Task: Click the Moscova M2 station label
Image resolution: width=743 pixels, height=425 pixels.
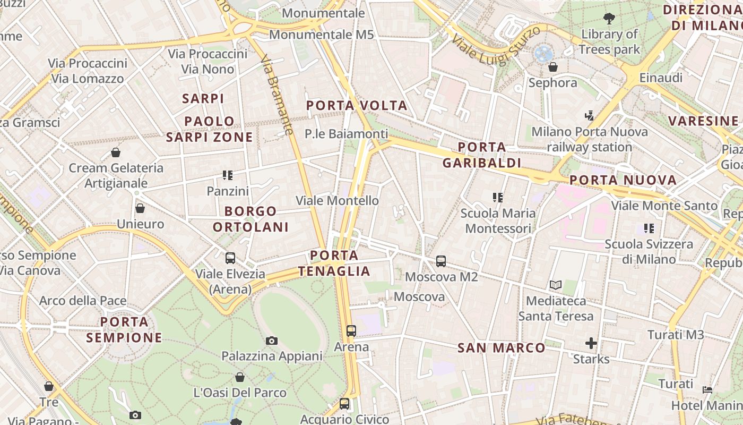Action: click(441, 277)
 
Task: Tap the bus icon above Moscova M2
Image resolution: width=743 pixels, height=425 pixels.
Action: click(441, 261)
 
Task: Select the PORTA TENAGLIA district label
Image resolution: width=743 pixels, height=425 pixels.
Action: click(334, 263)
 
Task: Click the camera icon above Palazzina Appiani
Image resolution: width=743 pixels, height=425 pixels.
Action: click(272, 341)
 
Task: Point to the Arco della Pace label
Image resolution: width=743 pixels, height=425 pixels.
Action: click(83, 301)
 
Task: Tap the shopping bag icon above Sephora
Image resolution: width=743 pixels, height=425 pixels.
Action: click(552, 67)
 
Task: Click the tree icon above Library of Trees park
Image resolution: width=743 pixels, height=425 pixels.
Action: click(609, 19)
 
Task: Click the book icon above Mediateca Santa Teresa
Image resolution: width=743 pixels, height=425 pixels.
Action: click(556, 285)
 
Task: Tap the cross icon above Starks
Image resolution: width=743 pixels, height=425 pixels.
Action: click(591, 343)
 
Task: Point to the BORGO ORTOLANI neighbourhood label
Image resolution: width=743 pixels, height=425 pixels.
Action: click(250, 219)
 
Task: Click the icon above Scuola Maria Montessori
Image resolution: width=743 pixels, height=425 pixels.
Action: click(498, 198)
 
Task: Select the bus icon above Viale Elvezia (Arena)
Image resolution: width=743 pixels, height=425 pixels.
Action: click(230, 258)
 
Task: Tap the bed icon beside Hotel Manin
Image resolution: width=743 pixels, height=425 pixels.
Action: click(707, 390)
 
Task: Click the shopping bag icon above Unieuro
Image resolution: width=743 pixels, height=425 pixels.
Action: click(140, 208)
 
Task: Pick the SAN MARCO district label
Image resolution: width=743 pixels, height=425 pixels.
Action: click(501, 348)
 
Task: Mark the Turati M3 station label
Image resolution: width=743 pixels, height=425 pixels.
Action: click(675, 335)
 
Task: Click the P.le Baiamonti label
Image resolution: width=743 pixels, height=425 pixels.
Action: click(346, 134)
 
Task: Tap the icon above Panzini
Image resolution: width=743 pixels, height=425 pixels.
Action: click(228, 175)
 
